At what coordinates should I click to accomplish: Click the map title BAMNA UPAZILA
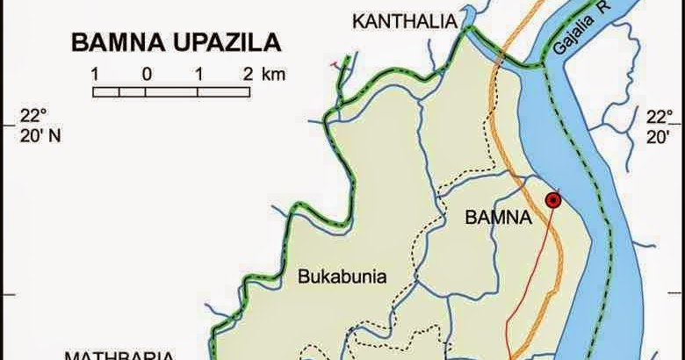(x=176, y=42)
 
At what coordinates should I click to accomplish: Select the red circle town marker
(x=553, y=200)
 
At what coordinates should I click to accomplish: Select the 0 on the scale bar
(x=148, y=74)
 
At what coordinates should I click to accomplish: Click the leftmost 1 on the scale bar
(x=94, y=74)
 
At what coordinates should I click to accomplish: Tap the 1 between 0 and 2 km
(x=200, y=74)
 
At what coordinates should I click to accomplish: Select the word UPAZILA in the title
(x=227, y=42)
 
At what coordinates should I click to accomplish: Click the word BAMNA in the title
(x=113, y=42)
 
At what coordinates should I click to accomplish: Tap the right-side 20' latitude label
(x=658, y=136)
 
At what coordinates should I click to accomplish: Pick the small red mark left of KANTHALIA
(x=334, y=63)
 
